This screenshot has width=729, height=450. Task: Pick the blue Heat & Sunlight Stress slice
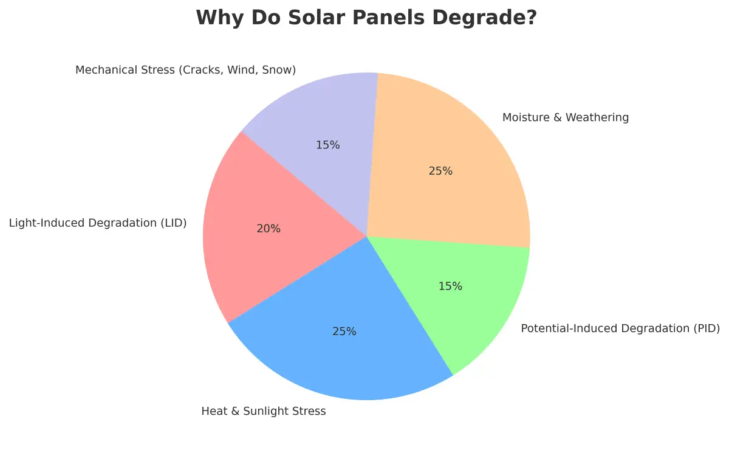point(340,359)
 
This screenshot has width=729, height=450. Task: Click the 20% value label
point(269,229)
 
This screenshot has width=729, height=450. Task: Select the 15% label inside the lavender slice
point(327,145)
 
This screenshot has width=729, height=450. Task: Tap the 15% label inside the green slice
point(450,286)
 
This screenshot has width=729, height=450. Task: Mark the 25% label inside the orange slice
point(440,171)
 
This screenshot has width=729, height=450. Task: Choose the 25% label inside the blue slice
point(344,331)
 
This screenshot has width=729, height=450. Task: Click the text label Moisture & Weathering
point(565,117)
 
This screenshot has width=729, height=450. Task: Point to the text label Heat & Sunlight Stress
point(263,412)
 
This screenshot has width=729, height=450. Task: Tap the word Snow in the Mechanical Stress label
point(279,70)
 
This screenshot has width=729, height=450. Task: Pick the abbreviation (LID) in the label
point(173,223)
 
